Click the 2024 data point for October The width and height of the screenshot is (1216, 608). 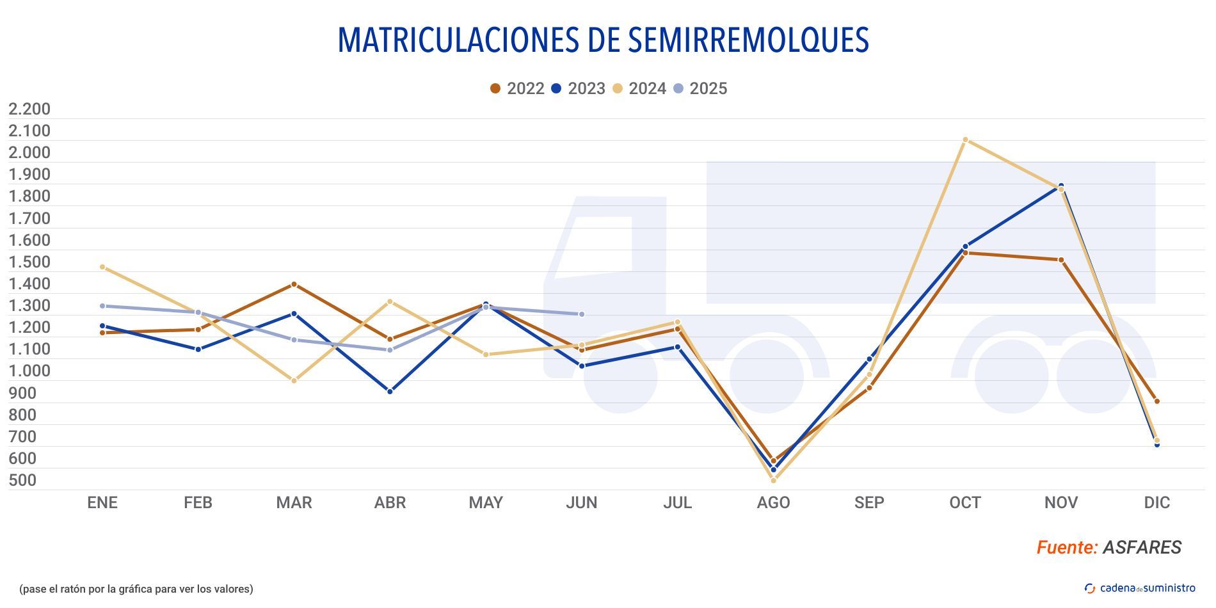pos(965,140)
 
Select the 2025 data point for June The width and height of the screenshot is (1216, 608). pos(581,314)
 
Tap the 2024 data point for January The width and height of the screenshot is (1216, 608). pos(102,267)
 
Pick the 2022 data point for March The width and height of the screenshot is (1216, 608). pos(294,284)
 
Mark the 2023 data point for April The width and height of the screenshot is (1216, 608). pos(390,391)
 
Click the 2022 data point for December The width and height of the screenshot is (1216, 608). pos(1156,401)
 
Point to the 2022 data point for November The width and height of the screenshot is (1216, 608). pos(1060,260)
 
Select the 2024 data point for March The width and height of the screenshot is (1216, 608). pos(294,381)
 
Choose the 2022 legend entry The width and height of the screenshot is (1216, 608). pos(517,88)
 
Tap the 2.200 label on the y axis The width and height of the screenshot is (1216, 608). pos(29,109)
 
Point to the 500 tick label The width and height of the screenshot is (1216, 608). pos(22,480)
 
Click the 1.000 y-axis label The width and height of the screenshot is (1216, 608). pos(29,371)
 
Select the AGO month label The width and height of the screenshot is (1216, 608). pos(773,502)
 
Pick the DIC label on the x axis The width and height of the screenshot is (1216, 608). pos(1156,502)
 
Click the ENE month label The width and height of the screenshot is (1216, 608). pos(102,502)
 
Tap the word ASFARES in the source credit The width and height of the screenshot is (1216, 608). pos(1142,547)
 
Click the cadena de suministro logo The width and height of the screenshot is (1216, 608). pos(1140,588)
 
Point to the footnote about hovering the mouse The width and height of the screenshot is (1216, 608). pos(136,589)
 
